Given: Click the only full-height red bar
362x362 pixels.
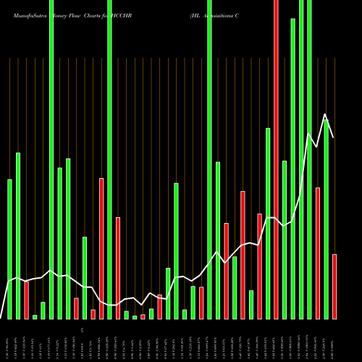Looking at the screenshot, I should [x=276, y=159].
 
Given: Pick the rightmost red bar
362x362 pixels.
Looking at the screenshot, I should [x=334, y=286].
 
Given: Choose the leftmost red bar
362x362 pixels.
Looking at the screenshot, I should [x=26, y=300].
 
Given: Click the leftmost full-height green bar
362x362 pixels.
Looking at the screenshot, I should [x=51, y=159].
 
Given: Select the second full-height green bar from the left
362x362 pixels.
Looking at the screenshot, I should [x=109, y=159].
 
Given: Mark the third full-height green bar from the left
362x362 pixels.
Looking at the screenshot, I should [x=209, y=159].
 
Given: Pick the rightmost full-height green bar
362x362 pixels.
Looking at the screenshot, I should [x=309, y=159].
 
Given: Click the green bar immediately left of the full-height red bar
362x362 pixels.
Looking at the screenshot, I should [x=268, y=223].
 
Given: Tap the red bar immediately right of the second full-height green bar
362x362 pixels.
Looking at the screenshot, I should [x=118, y=268].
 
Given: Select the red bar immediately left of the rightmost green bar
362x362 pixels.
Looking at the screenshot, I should [x=317, y=253].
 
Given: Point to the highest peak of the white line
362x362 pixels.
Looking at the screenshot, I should [x=326, y=114].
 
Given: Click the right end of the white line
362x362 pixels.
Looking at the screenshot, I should [x=334, y=138].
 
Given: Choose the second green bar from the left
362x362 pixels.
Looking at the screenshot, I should [x=18, y=235].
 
